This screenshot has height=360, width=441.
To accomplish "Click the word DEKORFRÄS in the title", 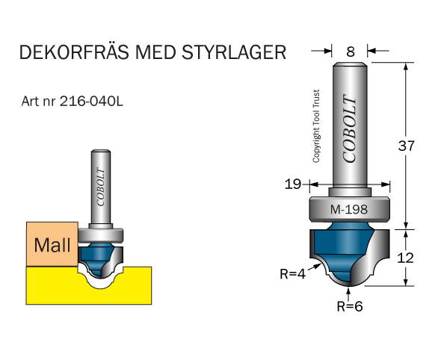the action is point(75,52).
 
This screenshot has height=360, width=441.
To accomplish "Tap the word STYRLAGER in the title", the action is point(234,52).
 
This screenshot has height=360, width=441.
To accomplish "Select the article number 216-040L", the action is point(91,102).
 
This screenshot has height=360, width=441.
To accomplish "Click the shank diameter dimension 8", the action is point(351,52).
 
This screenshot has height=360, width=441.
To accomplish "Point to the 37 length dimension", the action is point(407,146).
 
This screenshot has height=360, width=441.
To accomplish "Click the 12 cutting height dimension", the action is point(406,258).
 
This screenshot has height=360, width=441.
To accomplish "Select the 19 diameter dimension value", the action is point(293,184).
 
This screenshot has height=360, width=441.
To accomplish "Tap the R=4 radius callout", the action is point(292,273).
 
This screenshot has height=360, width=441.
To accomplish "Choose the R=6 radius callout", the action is point(350,306).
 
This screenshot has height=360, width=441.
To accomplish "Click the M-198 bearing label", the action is point(349,209).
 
